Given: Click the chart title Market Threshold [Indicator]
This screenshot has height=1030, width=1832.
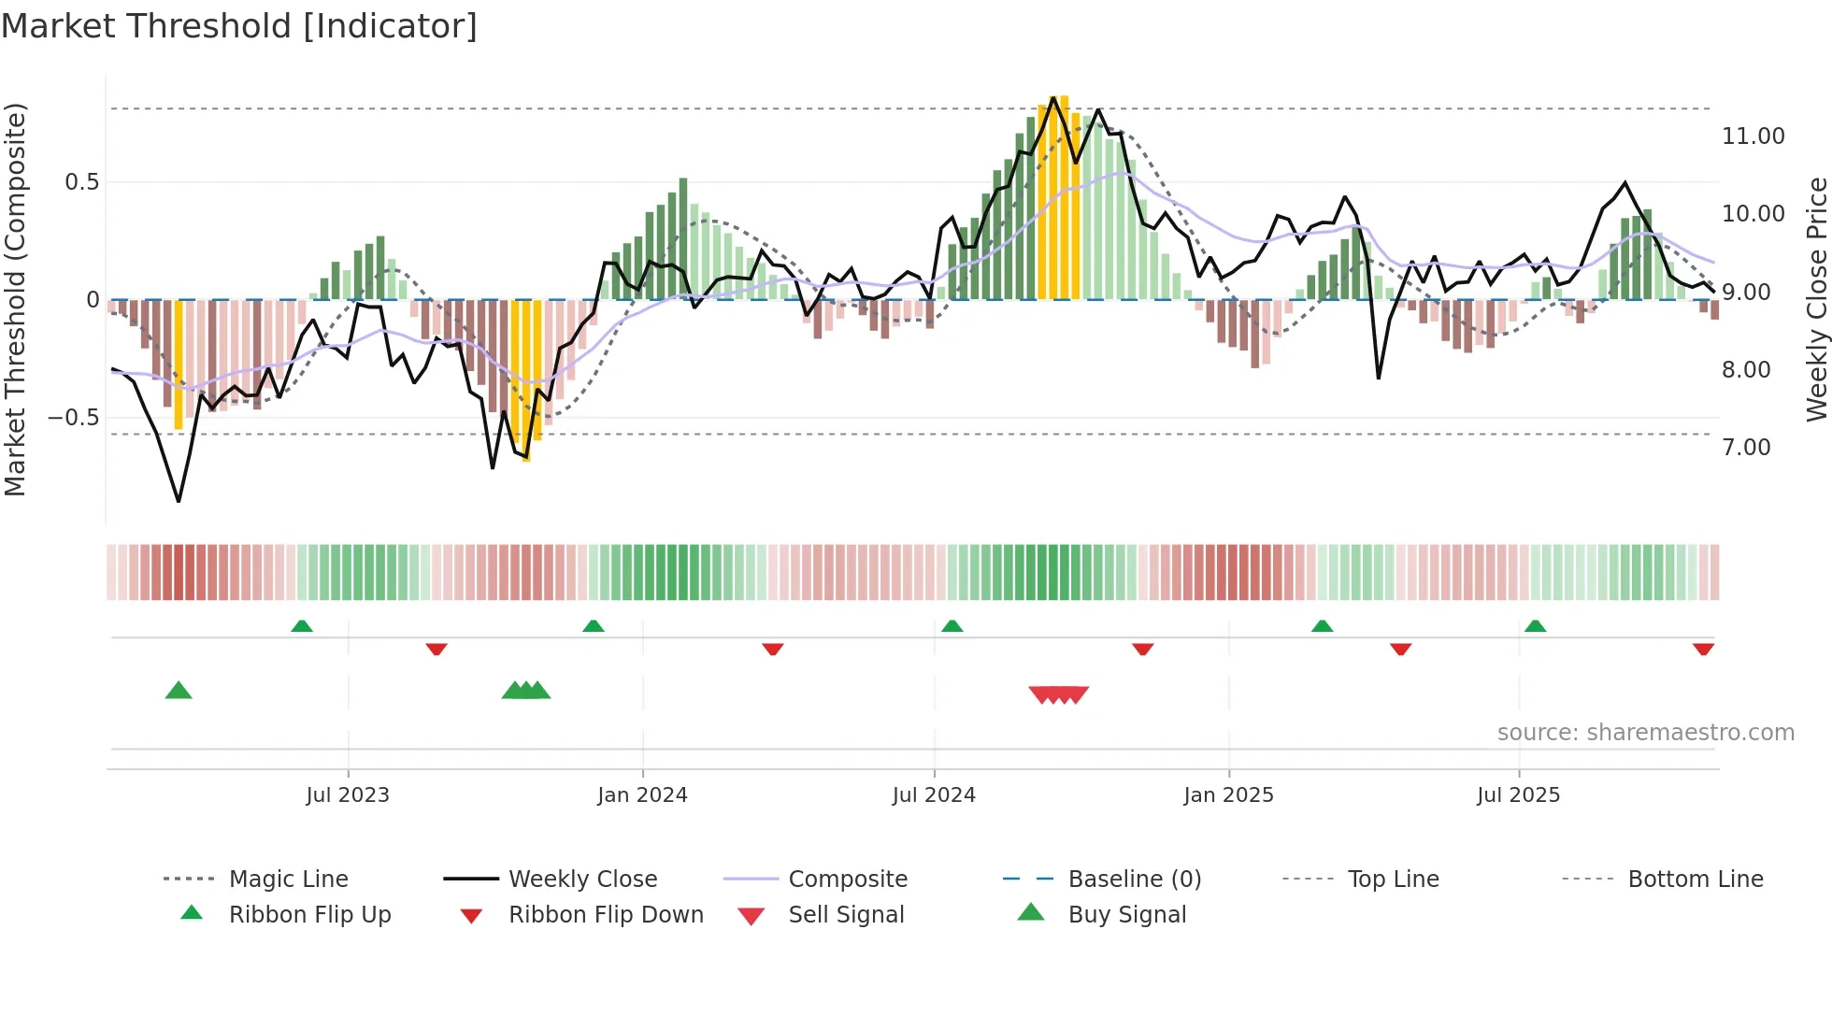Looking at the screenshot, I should [239, 26].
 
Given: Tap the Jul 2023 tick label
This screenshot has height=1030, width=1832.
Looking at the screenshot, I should [348, 795].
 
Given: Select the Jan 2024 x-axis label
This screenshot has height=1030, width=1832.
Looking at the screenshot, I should [642, 795].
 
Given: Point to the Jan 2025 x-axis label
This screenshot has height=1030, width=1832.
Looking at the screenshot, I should [1228, 795].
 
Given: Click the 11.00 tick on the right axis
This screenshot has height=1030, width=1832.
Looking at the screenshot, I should [1753, 136].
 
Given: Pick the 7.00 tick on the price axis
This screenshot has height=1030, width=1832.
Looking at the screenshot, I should [1746, 448].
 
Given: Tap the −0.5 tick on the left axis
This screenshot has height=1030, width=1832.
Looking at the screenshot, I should [74, 418].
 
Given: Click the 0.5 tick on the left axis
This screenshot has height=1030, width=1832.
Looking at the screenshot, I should [82, 182].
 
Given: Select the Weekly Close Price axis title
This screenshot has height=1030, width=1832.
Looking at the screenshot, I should [1816, 299].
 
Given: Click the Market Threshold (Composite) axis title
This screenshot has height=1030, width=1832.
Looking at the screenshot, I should [15, 299].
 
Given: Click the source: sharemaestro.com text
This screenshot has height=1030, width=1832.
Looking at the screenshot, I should [1645, 733].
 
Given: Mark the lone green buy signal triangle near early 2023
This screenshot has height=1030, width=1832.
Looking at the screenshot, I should [179, 691].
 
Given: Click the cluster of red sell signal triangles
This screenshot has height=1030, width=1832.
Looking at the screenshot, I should [1058, 694].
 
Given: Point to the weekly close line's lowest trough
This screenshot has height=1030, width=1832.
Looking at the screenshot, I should [179, 501].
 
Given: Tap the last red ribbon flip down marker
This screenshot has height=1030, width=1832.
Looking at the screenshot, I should [1703, 649].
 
